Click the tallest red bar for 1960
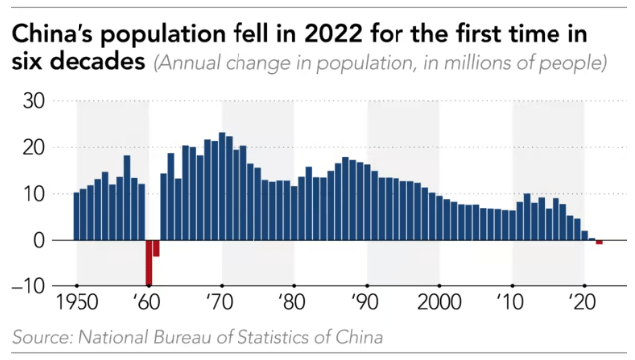click(149, 262)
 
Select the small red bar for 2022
click(599, 242)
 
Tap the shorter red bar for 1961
click(156, 248)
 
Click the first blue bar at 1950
click(77, 216)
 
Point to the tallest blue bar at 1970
click(222, 187)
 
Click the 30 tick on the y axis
click(34, 101)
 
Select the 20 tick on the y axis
click(34, 147)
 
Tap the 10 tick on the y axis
click(34, 194)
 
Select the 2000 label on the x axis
click(439, 301)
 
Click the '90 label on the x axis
click(367, 301)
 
